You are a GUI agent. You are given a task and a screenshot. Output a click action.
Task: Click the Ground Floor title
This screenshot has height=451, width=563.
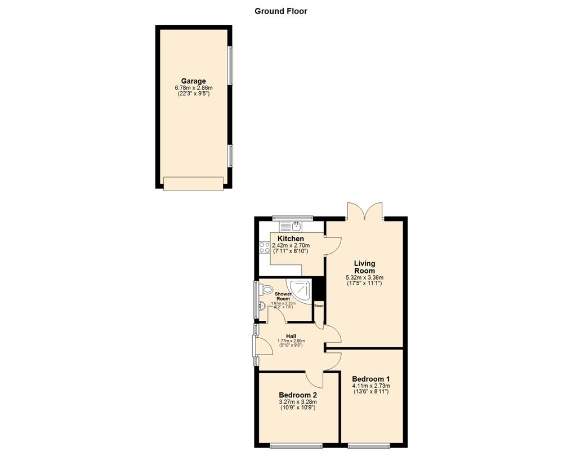point(281,11)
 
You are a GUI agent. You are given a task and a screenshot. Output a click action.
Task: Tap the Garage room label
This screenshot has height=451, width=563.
point(193,81)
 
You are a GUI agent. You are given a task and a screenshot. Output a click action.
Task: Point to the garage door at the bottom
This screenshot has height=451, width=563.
point(193,183)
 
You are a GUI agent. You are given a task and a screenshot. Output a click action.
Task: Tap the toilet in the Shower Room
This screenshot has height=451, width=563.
point(265,290)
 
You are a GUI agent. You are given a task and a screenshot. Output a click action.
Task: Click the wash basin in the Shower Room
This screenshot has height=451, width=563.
point(261,307)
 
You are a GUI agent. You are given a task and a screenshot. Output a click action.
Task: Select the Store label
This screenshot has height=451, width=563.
point(319,306)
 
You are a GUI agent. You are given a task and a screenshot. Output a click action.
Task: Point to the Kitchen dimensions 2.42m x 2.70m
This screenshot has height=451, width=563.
point(288,246)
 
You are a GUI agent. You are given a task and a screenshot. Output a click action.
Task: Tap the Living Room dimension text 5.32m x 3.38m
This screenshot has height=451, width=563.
point(364,277)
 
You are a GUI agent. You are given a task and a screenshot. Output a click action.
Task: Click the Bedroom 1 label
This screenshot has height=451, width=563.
point(371,379)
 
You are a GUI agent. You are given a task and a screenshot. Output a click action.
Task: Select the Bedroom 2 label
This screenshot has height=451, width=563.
point(298,395)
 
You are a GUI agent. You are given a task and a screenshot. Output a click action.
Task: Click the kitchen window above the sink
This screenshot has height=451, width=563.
point(292,217)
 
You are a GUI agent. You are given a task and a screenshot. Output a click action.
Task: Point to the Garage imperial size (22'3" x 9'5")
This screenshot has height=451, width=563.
point(193,95)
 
